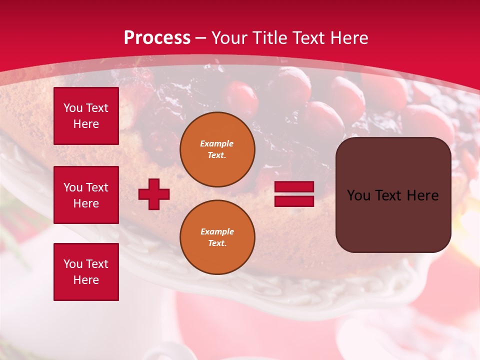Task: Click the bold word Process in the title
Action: point(157,38)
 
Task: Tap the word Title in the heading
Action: point(268,38)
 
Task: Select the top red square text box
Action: point(86,116)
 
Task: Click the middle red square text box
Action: point(86,195)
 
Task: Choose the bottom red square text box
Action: point(86,271)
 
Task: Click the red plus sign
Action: point(154,194)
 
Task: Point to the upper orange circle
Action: point(217,149)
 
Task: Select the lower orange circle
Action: point(217,237)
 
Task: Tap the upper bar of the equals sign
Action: point(294,187)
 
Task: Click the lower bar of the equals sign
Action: point(294,201)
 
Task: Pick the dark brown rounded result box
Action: point(393,194)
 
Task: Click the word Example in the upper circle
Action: point(217,143)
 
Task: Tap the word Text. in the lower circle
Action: point(217,243)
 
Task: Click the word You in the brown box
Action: point(358,195)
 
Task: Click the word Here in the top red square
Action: point(86,124)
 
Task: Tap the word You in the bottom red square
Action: point(73,264)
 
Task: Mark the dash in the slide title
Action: point(201,38)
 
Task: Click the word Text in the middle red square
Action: point(97,187)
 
